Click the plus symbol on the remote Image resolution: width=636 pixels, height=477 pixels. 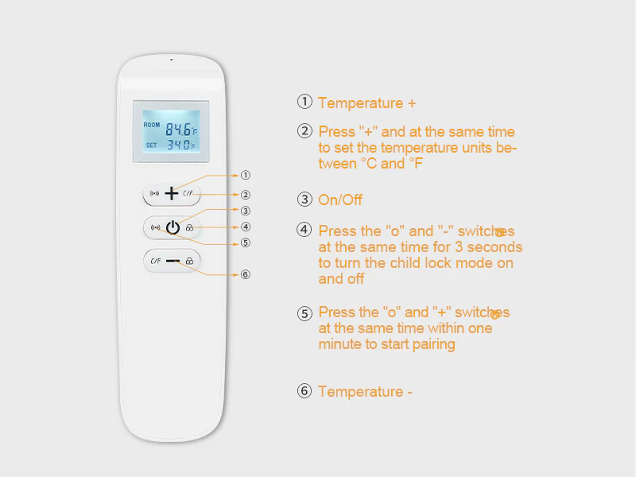172,193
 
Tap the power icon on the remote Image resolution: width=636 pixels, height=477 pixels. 172,227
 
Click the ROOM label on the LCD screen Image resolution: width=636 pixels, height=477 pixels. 151,125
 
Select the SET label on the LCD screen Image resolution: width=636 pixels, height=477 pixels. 151,145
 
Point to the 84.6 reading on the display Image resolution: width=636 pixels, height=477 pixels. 179,128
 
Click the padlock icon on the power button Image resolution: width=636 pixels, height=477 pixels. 189,228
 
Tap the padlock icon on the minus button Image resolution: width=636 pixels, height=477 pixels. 189,261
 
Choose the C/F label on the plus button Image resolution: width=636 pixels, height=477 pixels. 188,193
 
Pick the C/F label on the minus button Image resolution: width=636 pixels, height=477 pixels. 155,260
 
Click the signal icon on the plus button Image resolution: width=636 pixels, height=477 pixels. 154,193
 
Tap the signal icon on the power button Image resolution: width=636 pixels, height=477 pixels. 155,228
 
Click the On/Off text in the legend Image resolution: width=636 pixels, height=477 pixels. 340,200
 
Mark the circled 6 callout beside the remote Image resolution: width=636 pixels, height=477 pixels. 246,274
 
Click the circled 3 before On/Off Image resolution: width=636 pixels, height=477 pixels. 304,200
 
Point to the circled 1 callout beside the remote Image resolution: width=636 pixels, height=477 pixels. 246,175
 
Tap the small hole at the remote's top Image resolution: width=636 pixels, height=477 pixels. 171,59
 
